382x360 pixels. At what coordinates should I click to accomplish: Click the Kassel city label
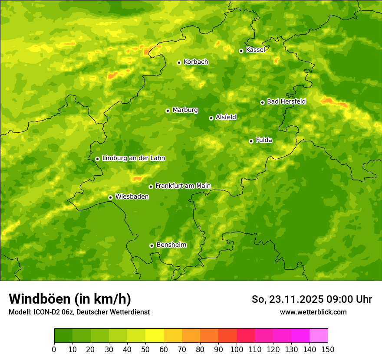[255, 50]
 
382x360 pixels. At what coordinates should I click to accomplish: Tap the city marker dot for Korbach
[179, 62]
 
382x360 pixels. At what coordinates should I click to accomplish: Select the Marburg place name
[185, 110]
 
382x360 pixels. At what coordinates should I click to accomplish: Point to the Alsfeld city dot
[211, 118]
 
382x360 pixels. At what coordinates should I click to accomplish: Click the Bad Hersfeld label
[286, 101]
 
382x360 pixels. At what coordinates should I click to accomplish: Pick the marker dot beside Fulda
[251, 141]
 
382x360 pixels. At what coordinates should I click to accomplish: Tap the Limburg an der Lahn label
[133, 158]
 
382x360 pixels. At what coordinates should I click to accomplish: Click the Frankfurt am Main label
[183, 186]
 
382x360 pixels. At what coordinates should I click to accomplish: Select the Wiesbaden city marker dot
[110, 197]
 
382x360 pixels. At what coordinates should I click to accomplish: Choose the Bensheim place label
[171, 245]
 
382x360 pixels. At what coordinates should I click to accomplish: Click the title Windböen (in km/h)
[70, 299]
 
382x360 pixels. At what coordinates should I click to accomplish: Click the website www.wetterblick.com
[313, 312]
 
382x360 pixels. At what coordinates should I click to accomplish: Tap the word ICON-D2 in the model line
[47, 312]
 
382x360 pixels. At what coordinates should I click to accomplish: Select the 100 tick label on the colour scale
[236, 350]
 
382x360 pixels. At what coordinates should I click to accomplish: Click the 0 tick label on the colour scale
[54, 350]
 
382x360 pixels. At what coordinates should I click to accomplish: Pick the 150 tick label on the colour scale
[328, 350]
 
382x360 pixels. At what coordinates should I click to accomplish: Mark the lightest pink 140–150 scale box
[319, 336]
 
